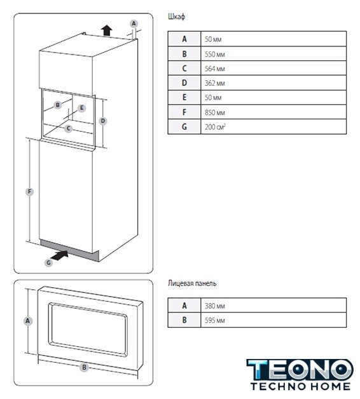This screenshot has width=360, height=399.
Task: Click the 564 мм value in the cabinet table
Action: (x=215, y=69)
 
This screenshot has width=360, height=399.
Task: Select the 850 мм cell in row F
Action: (x=215, y=112)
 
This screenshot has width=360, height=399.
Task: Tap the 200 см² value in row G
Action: (x=215, y=126)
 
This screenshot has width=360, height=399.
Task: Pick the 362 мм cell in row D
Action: (x=215, y=83)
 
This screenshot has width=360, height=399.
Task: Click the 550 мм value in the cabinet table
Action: (x=215, y=54)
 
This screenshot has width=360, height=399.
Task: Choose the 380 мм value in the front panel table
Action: (x=215, y=306)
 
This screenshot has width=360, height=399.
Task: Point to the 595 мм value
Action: (x=215, y=320)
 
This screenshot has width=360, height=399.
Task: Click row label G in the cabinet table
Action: (x=184, y=126)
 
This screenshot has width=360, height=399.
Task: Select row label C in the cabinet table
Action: (x=184, y=68)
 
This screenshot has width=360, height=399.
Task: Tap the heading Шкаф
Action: (x=176, y=17)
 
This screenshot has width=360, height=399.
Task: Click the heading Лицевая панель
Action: (x=192, y=283)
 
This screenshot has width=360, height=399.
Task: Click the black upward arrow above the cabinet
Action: (x=106, y=30)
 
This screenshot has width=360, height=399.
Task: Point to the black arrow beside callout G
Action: (x=59, y=255)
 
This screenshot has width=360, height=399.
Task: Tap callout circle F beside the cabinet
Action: (x=29, y=192)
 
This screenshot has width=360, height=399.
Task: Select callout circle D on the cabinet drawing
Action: (x=103, y=121)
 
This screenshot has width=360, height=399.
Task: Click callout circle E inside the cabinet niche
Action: (x=81, y=108)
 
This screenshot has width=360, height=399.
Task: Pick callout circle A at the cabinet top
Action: (x=134, y=24)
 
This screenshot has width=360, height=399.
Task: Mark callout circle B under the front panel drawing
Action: (x=84, y=367)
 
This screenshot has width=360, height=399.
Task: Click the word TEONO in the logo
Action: (x=300, y=370)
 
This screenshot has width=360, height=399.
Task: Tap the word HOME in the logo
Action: (x=330, y=386)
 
